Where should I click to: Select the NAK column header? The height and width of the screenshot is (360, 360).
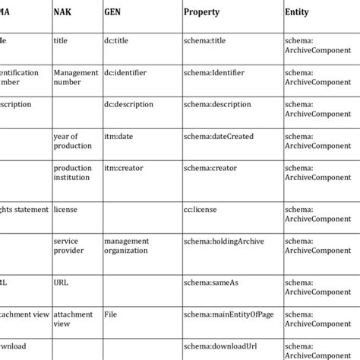click(65, 13)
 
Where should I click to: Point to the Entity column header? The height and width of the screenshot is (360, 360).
click(297, 13)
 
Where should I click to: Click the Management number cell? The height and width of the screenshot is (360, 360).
click(77, 77)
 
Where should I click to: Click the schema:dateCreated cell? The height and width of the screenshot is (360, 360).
click(219, 136)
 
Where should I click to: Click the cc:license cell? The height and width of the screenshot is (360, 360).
click(201, 209)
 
